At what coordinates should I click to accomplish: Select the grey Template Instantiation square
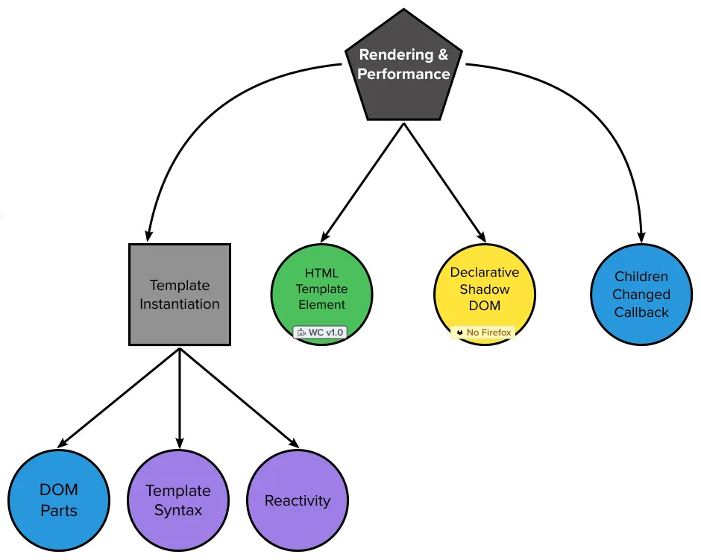click(x=180, y=295)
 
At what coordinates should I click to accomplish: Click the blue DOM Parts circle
click(x=59, y=500)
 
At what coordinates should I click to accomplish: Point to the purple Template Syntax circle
click(x=178, y=500)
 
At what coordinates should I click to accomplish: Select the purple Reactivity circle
click(x=298, y=500)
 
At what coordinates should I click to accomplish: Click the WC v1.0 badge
click(x=320, y=332)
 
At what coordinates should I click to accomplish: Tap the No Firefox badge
click(x=482, y=332)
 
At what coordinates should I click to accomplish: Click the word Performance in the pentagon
click(x=403, y=74)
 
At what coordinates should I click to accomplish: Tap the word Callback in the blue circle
click(x=641, y=312)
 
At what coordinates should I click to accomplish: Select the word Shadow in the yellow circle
click(x=485, y=289)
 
